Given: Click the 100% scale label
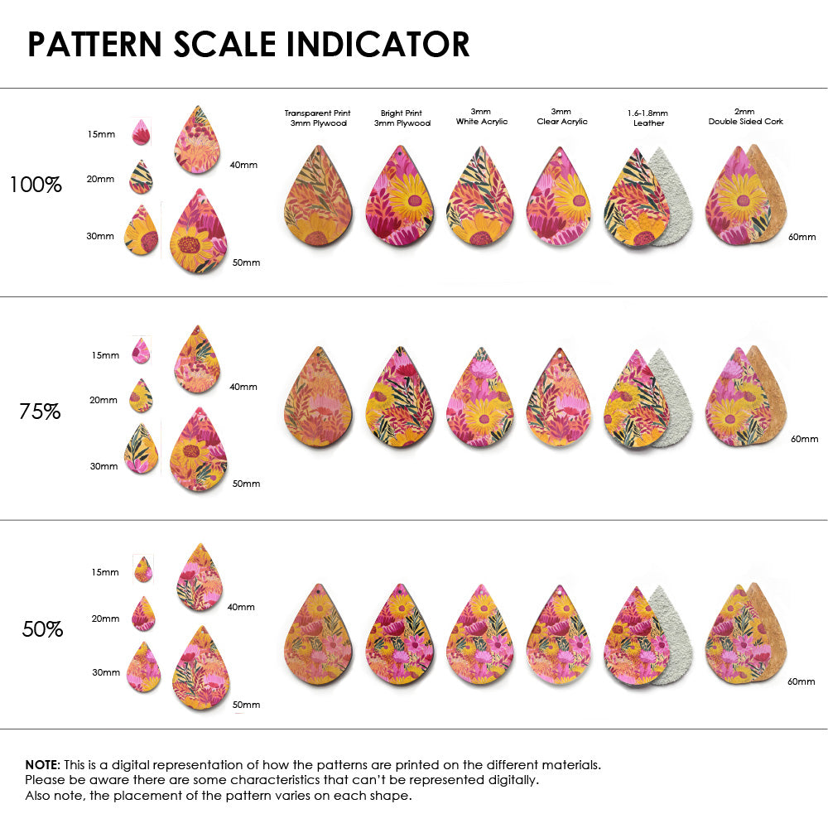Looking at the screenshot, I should point(36,185).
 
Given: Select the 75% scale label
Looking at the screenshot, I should point(40,411).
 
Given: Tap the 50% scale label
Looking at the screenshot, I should point(42,629).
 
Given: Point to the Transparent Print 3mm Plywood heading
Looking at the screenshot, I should point(317,118).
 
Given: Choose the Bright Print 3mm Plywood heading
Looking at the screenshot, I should point(402,118).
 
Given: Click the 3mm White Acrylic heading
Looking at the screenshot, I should point(481,117).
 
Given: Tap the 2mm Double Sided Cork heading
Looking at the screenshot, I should point(745,117).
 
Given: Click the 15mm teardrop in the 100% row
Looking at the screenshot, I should point(141,132).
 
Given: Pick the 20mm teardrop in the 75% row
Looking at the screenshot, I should point(142,396).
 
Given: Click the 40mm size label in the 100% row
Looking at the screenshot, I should point(243,165).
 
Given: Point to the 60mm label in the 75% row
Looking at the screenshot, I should point(804,439).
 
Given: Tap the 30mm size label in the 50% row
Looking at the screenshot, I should point(106,672).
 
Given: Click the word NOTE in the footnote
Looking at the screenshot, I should point(41,764).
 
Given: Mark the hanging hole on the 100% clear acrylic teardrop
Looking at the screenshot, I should point(561,154).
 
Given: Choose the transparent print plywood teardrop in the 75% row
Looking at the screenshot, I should point(317,397).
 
